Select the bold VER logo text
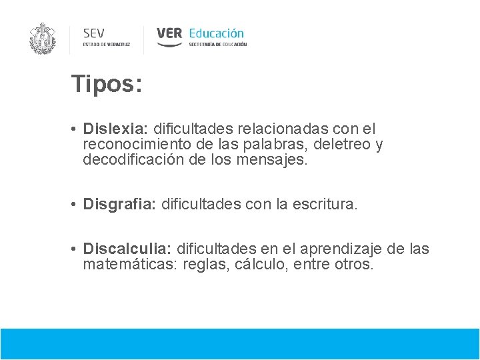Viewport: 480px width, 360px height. click(x=169, y=33)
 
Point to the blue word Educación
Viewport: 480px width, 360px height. click(x=216, y=33)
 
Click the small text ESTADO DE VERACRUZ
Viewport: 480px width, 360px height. click(x=106, y=45)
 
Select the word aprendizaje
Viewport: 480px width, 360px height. click(x=336, y=249)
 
